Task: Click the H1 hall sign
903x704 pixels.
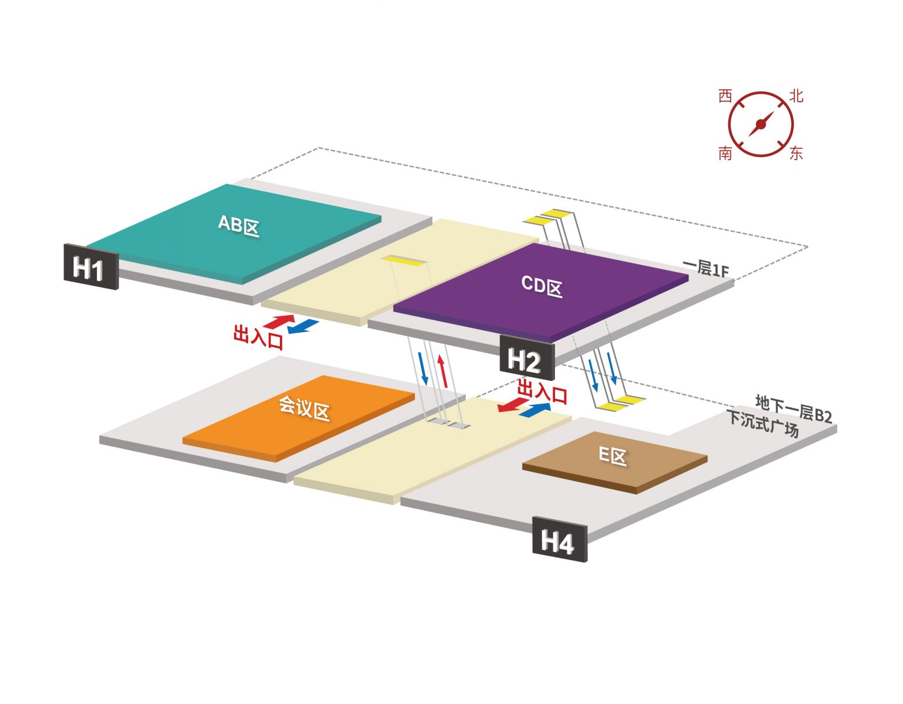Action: pos(90,268)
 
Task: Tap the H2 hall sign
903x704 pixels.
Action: pos(526,358)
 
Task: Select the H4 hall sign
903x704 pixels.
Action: pos(559,541)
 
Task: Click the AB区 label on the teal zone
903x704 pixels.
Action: pos(239,225)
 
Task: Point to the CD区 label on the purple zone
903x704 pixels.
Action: pos(542,286)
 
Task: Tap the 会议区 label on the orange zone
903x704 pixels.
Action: pos(303,407)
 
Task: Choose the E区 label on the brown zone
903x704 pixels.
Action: pos(613,455)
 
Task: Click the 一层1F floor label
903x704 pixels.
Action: pos(706,268)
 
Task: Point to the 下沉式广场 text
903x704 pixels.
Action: pos(763,424)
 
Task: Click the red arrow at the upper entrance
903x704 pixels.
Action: pos(279,321)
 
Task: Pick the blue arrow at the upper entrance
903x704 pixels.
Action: pos(303,326)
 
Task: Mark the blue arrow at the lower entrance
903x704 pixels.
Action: pos(536,409)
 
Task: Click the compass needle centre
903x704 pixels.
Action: pos(761,124)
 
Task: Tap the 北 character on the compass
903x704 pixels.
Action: pos(796,96)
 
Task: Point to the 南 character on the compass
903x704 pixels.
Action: pos(726,154)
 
